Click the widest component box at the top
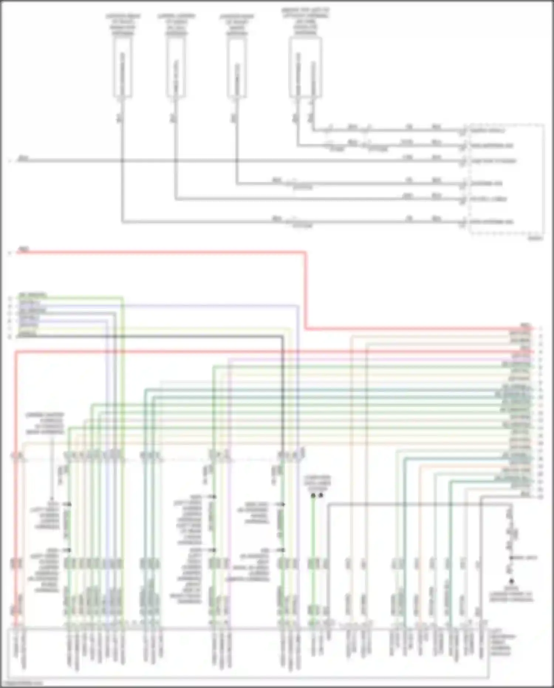click(x=305, y=68)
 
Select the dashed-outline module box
click(x=506, y=179)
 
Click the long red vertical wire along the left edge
click(x=16, y=481)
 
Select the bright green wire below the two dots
click(x=313, y=555)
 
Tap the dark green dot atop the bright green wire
click(x=313, y=495)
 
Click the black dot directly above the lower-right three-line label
click(x=512, y=581)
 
